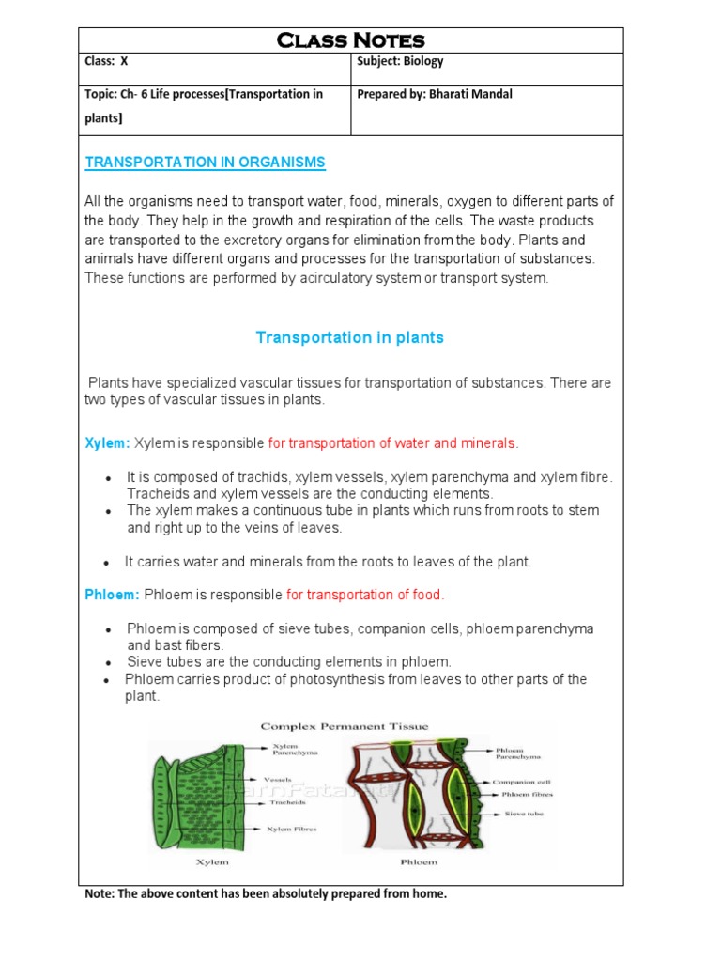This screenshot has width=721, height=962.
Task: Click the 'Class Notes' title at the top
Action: (x=350, y=39)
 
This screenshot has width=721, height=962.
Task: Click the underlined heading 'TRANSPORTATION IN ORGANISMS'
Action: (x=205, y=163)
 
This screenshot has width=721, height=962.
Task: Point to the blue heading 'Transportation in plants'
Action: (x=349, y=337)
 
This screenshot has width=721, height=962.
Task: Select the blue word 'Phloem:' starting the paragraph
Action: (x=112, y=595)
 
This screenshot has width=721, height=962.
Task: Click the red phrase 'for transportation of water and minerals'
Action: (x=392, y=443)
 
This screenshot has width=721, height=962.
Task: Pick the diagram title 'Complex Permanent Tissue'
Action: (x=344, y=726)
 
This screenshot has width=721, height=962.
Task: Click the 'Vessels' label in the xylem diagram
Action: (x=277, y=780)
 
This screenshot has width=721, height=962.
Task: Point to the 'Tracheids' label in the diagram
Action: (x=284, y=803)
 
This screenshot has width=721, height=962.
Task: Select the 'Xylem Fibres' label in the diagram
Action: (x=292, y=830)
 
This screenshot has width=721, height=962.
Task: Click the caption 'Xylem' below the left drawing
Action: (x=211, y=861)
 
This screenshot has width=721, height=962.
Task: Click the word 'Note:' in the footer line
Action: (x=100, y=894)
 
